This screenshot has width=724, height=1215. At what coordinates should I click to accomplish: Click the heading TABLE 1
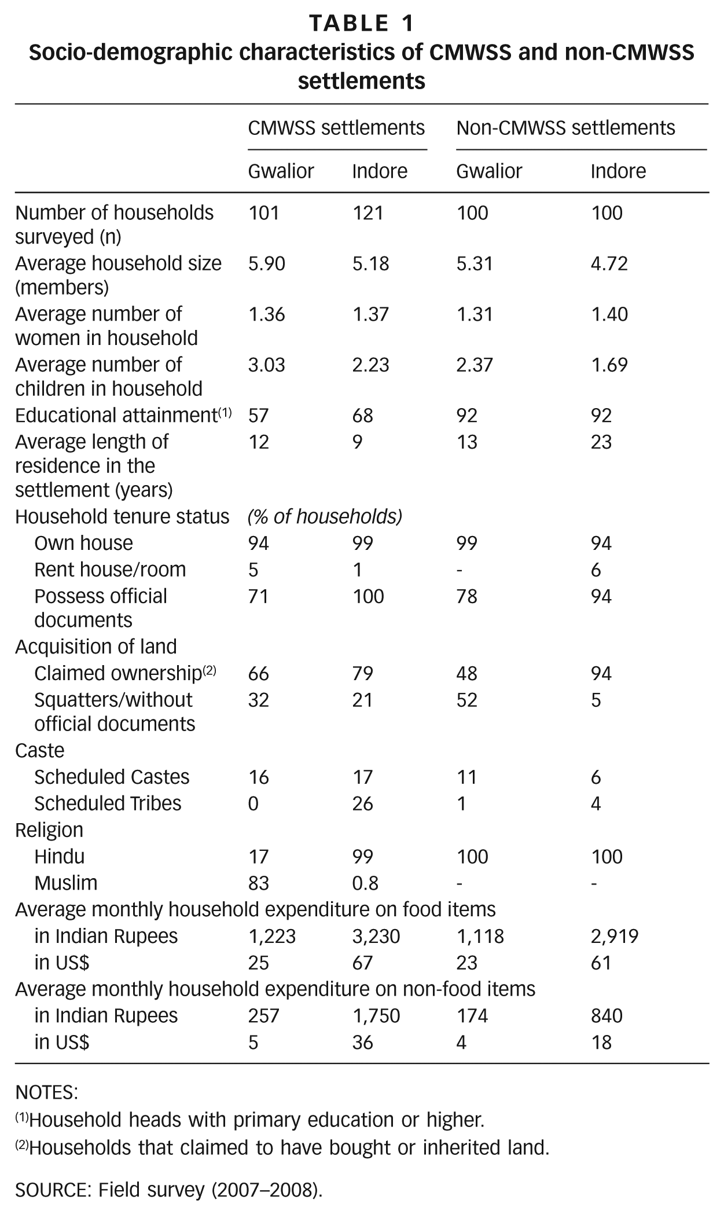[x=362, y=23]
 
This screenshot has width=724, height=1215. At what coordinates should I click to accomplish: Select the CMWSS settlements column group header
[x=336, y=127]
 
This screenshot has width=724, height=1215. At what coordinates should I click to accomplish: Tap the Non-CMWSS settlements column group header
[x=565, y=127]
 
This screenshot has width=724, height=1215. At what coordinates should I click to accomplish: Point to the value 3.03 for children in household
[x=267, y=365]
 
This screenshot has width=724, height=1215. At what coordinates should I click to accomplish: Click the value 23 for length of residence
[x=601, y=442]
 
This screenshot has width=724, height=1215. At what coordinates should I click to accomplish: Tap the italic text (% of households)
[x=325, y=516]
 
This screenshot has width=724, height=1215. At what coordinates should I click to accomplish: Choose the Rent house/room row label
[x=110, y=570]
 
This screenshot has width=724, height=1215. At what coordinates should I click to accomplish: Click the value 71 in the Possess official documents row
[x=258, y=596]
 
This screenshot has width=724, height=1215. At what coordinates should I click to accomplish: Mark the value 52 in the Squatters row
[x=466, y=700]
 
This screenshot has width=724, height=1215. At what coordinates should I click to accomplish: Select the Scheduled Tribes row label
[x=108, y=803]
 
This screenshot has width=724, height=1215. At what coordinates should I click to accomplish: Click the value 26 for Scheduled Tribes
[x=362, y=803]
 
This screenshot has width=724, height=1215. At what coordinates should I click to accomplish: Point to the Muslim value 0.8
[x=365, y=883]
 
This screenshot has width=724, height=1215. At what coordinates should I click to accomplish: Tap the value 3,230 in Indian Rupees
[x=376, y=937]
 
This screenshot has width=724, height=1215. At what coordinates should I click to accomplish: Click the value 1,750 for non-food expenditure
[x=376, y=1016]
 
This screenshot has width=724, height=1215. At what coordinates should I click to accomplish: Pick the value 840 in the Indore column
[x=607, y=1016]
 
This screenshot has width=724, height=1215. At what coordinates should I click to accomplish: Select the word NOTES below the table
[x=46, y=1093]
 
